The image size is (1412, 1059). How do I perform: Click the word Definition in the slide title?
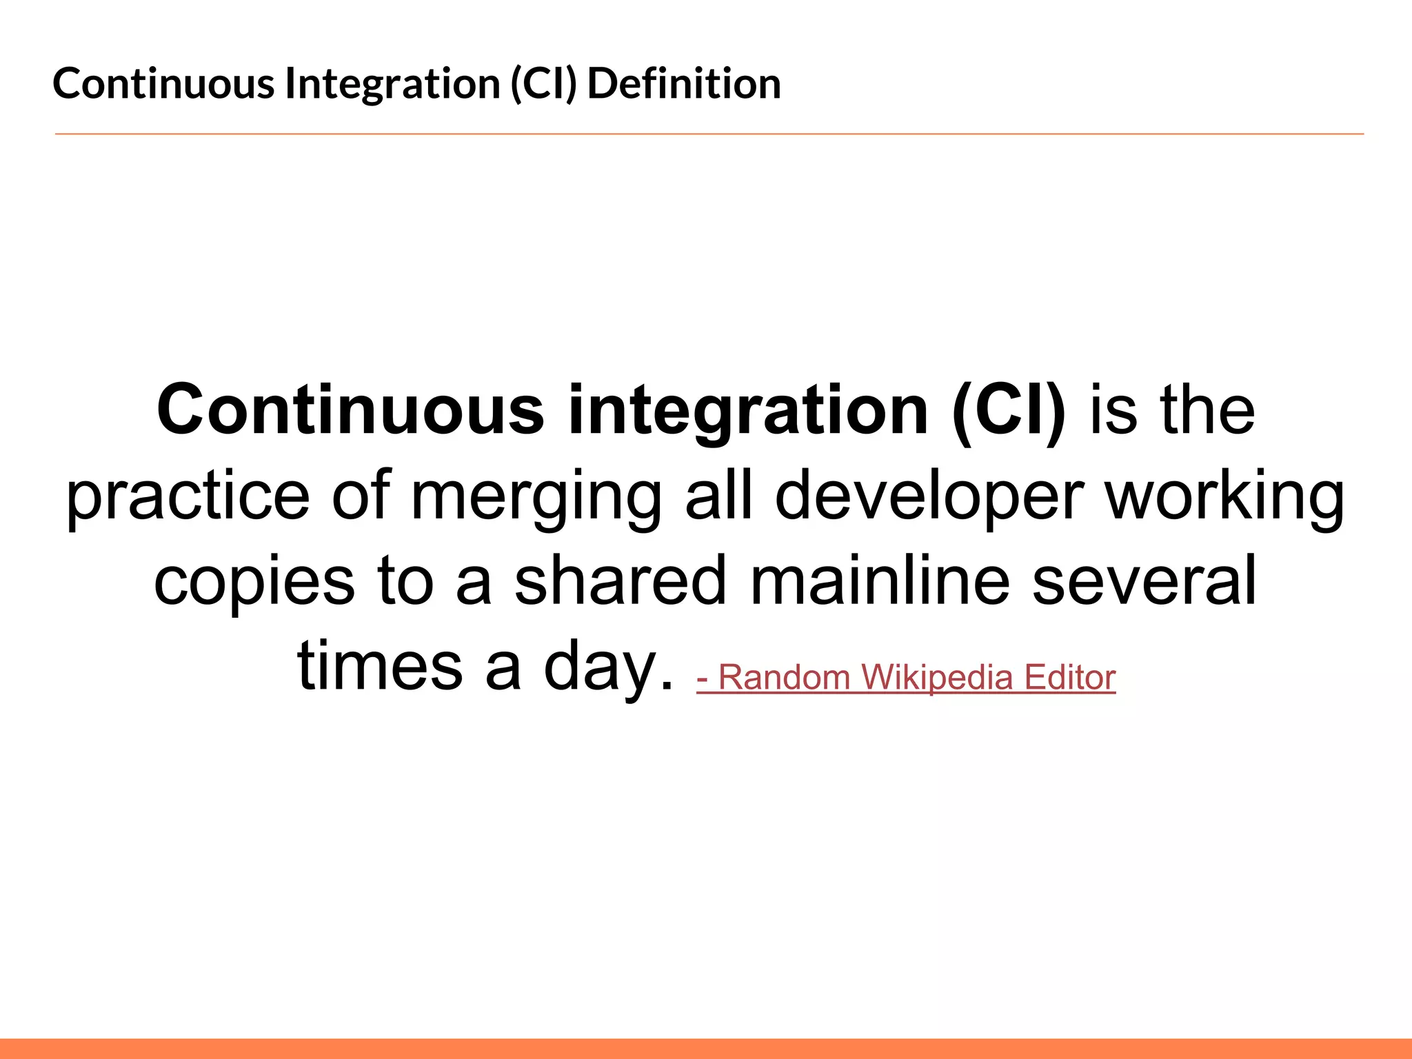point(684,83)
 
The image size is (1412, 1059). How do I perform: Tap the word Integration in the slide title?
point(393,83)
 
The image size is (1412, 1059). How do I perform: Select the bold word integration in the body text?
point(748,412)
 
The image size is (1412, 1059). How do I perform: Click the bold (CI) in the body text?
point(1008,412)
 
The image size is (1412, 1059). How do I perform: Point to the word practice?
point(188,496)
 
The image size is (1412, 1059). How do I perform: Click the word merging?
point(536,496)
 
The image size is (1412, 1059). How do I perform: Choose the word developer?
point(929,496)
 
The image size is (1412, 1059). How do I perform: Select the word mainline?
point(880,581)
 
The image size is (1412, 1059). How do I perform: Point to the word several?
point(1144,581)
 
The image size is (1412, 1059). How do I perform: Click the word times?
point(380,666)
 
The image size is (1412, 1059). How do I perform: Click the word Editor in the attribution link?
point(1069,677)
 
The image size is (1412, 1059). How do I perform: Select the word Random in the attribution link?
point(785,677)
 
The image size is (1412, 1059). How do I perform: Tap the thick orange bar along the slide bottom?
point(706,1048)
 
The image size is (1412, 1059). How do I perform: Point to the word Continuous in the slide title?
point(163,83)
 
